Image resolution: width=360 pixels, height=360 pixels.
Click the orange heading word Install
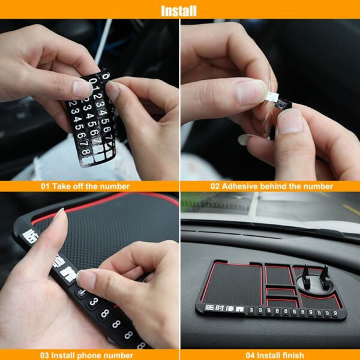tap(179, 10)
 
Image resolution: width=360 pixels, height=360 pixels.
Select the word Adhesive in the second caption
tap(242, 186)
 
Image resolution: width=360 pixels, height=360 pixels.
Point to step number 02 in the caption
tap(215, 186)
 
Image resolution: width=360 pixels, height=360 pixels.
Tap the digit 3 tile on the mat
tap(94, 302)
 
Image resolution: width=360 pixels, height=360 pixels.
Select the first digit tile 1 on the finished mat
tap(251, 311)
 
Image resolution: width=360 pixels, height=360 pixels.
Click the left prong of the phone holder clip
tap(305, 273)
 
